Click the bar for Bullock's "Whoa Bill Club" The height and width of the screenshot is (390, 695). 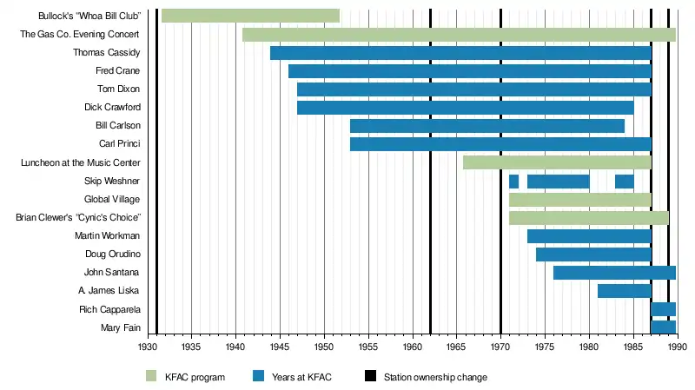click(x=250, y=16)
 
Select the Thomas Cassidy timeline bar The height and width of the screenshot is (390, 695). click(x=460, y=53)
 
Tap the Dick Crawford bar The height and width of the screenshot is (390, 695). click(x=465, y=108)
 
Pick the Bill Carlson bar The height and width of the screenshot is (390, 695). click(x=486, y=126)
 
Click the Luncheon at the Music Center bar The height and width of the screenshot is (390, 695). click(x=557, y=162)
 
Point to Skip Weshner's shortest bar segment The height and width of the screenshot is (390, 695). click(x=513, y=181)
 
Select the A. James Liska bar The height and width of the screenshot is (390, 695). click(x=624, y=291)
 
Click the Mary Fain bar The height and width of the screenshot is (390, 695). click(x=663, y=327)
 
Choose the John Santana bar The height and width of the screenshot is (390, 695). click(x=614, y=273)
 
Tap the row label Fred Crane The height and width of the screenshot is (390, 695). click(x=117, y=71)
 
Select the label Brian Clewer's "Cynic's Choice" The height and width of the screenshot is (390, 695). click(x=78, y=218)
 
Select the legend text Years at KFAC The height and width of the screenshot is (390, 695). click(x=301, y=377)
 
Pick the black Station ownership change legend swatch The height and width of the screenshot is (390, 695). click(x=371, y=377)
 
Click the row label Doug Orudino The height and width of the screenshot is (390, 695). click(x=112, y=254)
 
